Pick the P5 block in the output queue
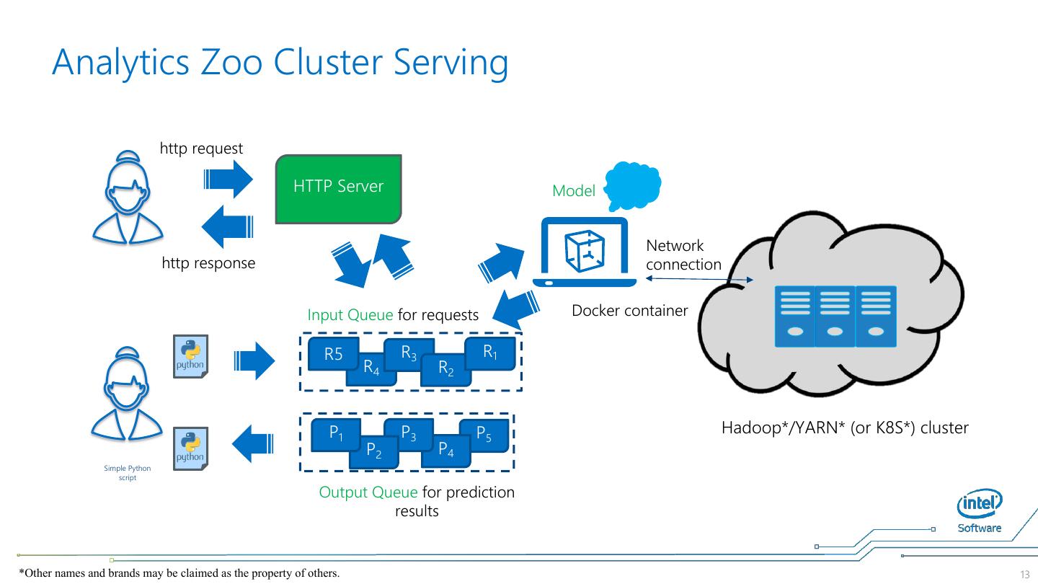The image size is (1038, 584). [484, 433]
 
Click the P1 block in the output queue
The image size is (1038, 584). [333, 433]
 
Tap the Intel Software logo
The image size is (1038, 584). [979, 512]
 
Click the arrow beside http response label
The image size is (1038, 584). [227, 226]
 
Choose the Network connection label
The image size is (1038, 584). [683, 255]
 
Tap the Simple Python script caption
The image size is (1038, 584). [128, 473]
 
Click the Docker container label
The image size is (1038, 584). [629, 311]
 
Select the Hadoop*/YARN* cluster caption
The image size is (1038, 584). [845, 428]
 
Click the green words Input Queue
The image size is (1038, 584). [350, 315]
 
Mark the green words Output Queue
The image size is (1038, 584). [368, 492]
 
